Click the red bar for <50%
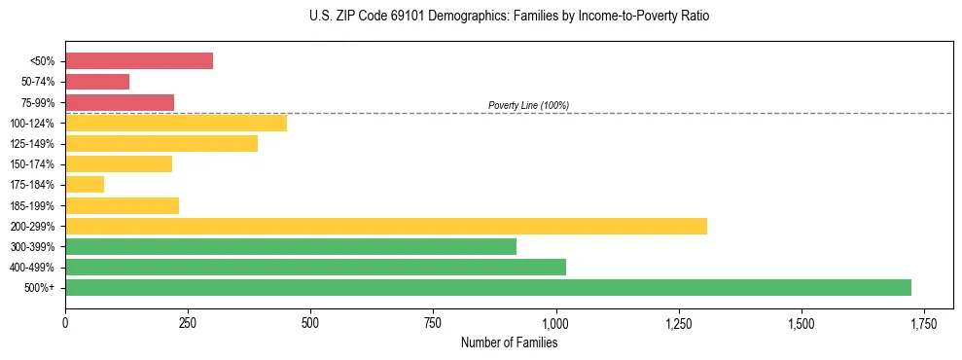(x=139, y=61)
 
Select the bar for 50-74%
(x=97, y=82)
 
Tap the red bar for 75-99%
(x=120, y=102)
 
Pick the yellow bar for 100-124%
(x=176, y=123)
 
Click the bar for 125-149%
(x=161, y=144)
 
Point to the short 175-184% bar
(x=85, y=185)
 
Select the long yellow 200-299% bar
(x=386, y=226)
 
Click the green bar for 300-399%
(x=291, y=246)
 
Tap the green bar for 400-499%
(x=315, y=267)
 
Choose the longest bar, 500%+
(x=488, y=287)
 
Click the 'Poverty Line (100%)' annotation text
(x=528, y=105)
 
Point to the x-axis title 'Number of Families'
(x=509, y=342)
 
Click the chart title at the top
(x=510, y=17)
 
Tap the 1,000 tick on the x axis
(x=555, y=322)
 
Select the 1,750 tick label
(x=923, y=322)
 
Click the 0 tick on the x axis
(x=65, y=322)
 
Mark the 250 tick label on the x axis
(x=188, y=322)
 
